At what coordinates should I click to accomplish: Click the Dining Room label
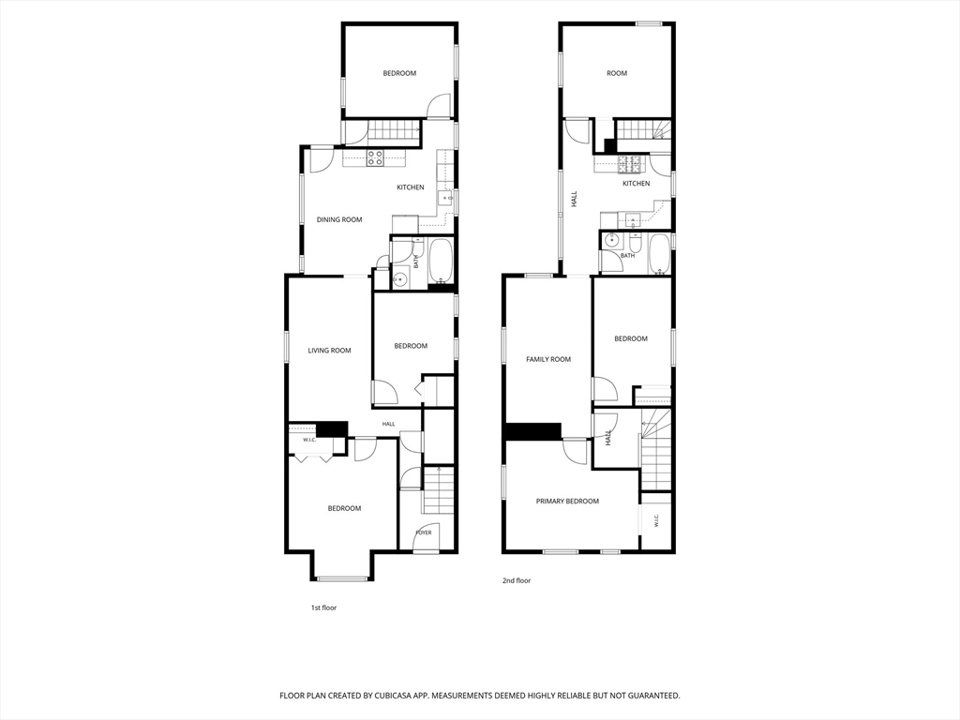point(339,219)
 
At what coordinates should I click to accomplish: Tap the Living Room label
point(329,351)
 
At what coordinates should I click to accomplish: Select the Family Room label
point(548,359)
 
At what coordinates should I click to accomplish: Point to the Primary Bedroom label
point(567,502)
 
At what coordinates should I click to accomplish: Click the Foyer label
point(424,532)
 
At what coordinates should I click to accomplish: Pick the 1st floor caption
point(323,607)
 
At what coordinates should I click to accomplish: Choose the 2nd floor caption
point(517,580)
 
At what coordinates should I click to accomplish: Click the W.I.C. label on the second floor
point(655,520)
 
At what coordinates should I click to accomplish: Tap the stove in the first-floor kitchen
point(375,157)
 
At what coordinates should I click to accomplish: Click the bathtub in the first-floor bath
point(441,262)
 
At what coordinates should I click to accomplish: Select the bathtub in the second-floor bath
point(659,253)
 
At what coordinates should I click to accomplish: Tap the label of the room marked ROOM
point(617,73)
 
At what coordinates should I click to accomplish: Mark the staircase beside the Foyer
point(439,490)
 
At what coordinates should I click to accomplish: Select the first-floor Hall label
point(389,424)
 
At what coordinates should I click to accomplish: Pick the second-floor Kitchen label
point(637,184)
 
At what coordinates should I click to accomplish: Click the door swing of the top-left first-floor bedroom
point(439,105)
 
